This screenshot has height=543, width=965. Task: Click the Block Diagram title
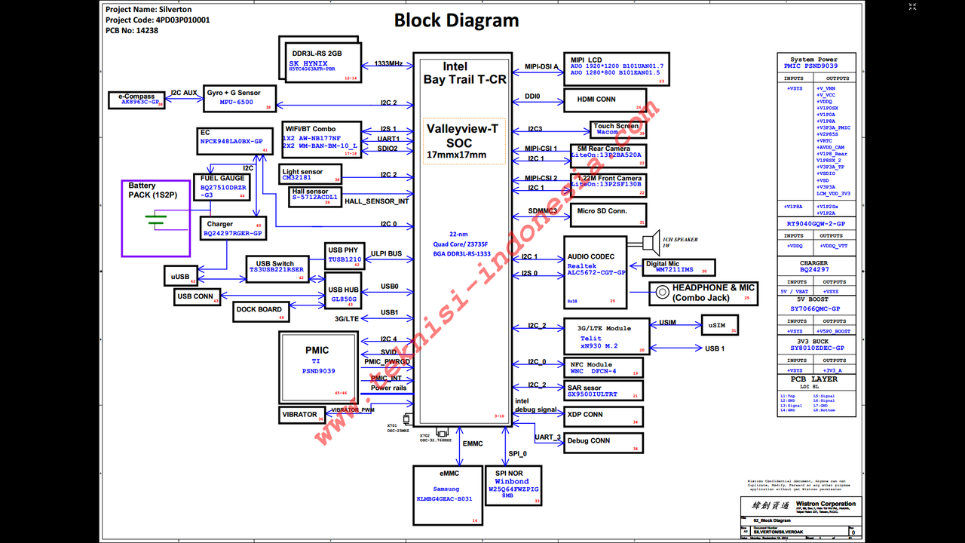[456, 21]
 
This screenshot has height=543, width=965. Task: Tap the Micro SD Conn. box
[608, 215]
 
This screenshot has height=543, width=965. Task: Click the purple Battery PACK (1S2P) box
[156, 219]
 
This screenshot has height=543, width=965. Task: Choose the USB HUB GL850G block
[343, 294]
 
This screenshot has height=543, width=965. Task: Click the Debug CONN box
[604, 441]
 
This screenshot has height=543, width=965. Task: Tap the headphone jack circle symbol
[661, 292]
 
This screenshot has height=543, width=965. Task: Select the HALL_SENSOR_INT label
[377, 201]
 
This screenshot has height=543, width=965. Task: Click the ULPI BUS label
[386, 254]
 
